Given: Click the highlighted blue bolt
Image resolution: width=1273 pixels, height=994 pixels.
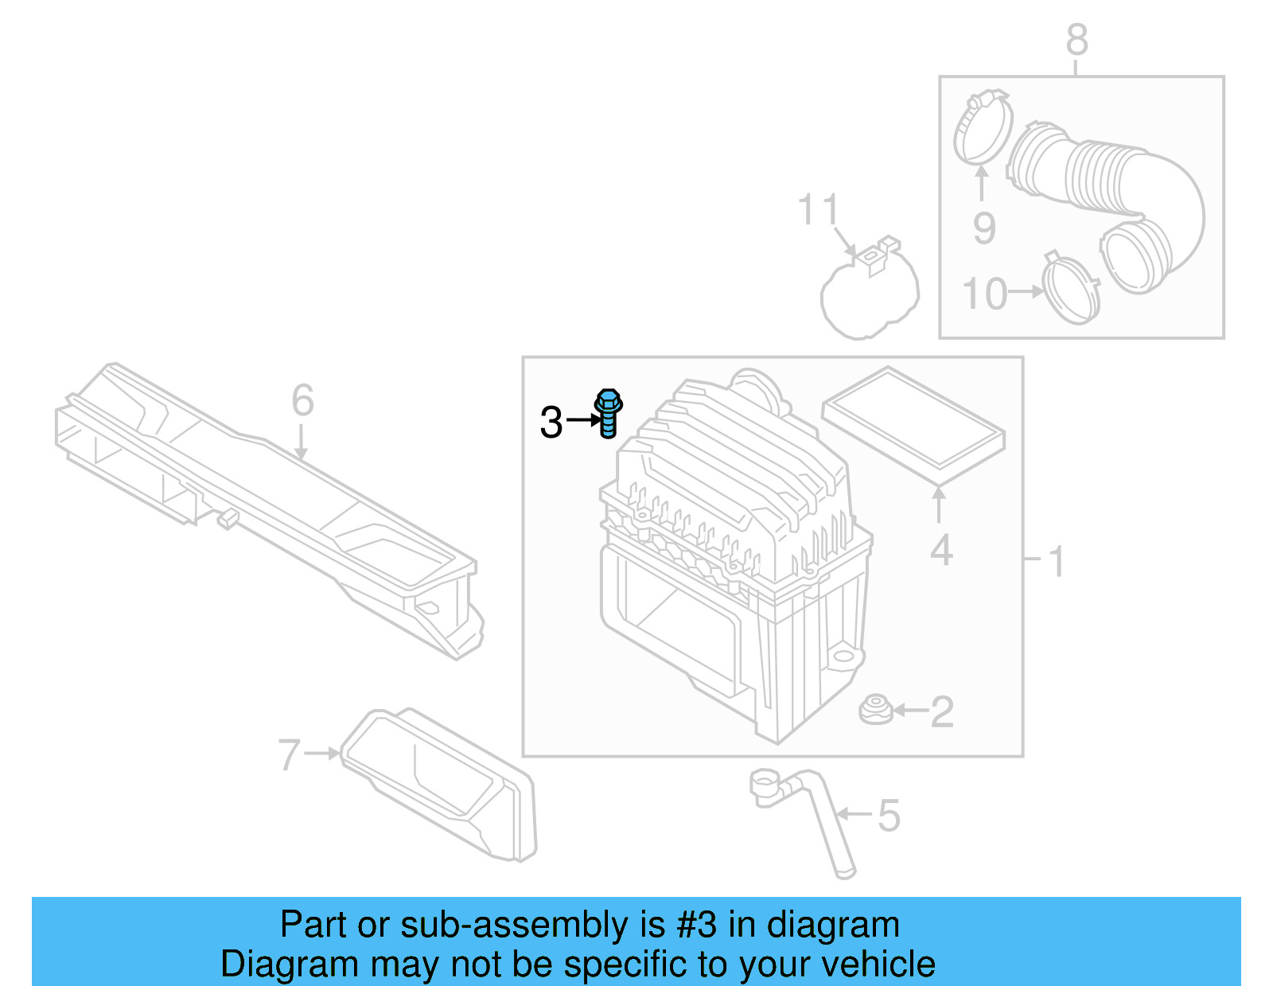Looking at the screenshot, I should point(608,412).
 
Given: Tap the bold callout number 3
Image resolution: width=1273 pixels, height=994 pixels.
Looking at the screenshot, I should point(551,423).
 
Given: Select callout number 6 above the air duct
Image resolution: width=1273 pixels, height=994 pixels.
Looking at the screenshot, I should point(302,400).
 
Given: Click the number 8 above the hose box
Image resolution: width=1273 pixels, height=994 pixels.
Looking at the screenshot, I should point(1076,39).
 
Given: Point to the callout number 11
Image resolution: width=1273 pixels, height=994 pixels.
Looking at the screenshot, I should point(818,210).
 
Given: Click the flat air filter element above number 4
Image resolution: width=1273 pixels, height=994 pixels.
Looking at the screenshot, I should point(913,425).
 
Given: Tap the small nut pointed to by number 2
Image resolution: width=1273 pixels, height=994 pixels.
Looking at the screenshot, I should point(875,709).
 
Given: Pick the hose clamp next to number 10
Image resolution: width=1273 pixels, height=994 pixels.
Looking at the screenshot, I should point(1071,288).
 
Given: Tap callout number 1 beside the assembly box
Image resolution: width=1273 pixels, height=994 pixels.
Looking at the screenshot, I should point(1056,562).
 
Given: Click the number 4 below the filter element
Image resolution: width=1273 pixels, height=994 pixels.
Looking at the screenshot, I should point(941,551).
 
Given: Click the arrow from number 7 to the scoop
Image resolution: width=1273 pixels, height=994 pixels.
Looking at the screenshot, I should point(321,753).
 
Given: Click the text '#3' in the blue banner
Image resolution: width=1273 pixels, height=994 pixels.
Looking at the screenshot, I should point(696,925).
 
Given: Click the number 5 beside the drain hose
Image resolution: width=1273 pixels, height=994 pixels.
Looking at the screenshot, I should point(889,817).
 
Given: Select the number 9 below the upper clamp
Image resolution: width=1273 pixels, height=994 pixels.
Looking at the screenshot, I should point(984,228).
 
